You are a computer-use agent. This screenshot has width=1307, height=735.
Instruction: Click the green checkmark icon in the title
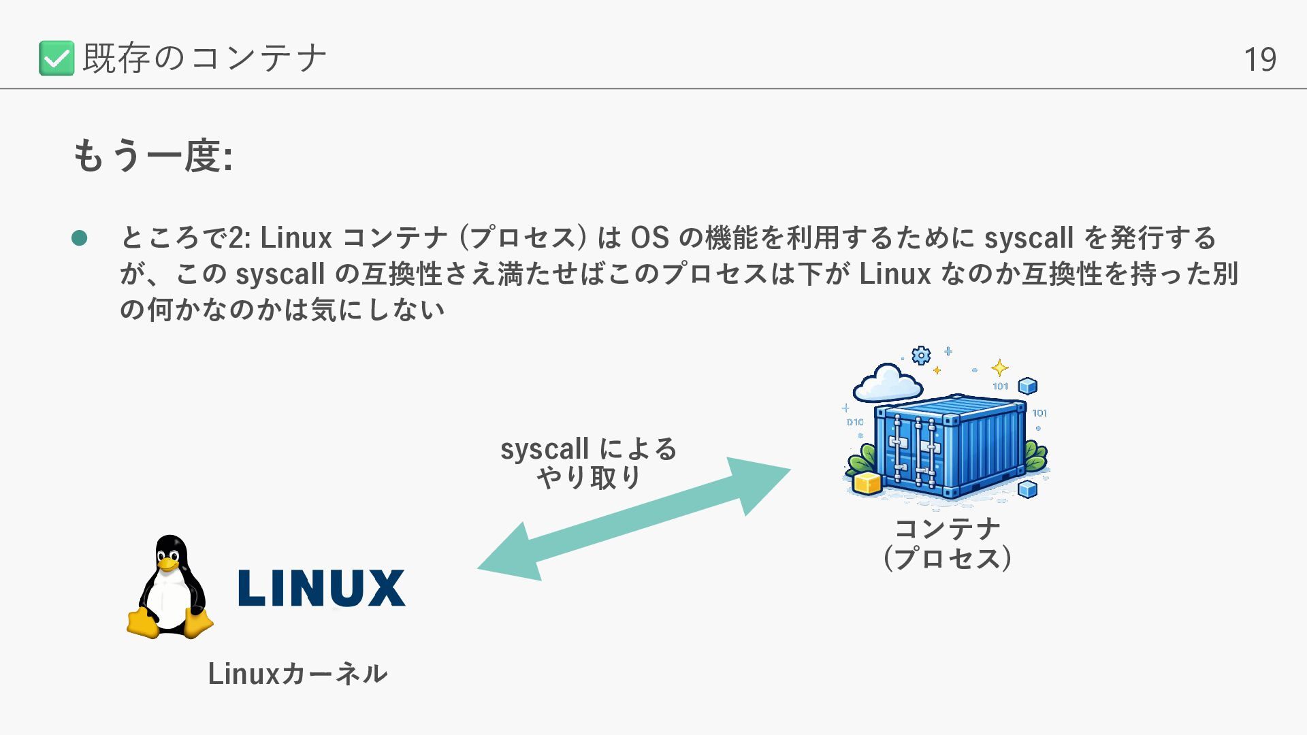57,58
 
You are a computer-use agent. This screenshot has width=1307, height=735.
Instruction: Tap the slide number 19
1259,60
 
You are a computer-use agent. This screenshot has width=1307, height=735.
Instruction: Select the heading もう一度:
152,156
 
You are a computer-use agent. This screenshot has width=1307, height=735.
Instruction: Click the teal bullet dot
80,238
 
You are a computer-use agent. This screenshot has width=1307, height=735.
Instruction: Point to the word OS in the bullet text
649,238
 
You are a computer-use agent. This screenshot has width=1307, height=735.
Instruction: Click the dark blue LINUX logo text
321,588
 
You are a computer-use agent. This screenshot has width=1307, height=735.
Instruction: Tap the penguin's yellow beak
168,564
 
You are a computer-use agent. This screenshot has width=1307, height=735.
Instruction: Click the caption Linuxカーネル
297,674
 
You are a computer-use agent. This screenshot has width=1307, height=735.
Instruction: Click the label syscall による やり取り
589,463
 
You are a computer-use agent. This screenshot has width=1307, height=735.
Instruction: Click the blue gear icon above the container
921,355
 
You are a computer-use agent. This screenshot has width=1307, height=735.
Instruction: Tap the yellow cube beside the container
867,483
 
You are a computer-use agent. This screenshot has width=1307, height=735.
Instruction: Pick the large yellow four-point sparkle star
999,368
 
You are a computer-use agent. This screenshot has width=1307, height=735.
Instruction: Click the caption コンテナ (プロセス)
948,543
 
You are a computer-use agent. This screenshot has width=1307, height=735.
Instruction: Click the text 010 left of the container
855,422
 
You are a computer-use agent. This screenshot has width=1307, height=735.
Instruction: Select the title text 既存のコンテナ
204,58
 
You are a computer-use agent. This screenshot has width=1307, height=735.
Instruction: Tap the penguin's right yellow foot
198,623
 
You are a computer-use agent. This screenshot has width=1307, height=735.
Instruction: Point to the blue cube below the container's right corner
1027,489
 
